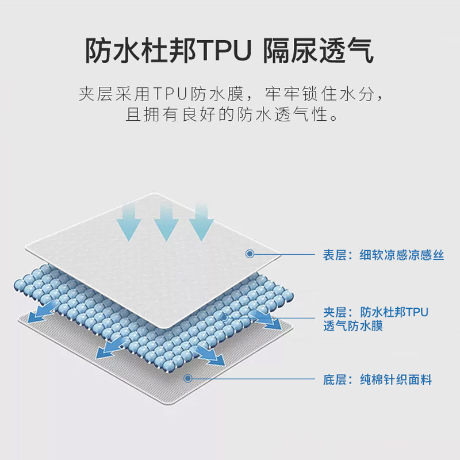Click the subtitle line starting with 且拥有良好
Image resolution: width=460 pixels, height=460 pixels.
[230, 115]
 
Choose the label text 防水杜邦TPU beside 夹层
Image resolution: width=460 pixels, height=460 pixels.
[394, 312]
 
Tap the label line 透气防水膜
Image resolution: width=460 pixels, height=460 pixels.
[352, 327]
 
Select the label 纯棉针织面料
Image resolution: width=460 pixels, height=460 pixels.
[396, 379]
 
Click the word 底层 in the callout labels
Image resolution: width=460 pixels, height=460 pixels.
[333, 379]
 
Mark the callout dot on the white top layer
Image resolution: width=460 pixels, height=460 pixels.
[250, 253]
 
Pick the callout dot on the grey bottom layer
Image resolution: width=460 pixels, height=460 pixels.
[187, 377]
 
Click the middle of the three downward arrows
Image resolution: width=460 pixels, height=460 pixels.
[166, 222]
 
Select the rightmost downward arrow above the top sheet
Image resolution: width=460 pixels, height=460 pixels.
[201, 222]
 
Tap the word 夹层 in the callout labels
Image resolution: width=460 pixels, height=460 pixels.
[333, 312]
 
